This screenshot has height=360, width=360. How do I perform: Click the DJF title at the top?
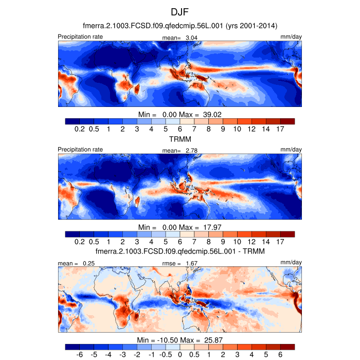180,11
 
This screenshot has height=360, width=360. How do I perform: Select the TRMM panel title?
179,139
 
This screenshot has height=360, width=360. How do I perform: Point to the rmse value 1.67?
191,263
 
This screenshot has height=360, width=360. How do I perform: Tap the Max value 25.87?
212,340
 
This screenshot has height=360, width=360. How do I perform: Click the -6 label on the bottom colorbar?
79,355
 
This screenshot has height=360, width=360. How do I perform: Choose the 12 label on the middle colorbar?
251,242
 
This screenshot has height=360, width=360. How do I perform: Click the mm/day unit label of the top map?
291,37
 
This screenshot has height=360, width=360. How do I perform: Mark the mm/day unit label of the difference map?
291,263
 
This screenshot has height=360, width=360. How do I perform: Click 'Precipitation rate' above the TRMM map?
80,150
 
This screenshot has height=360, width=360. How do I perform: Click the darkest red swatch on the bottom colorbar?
287,348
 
